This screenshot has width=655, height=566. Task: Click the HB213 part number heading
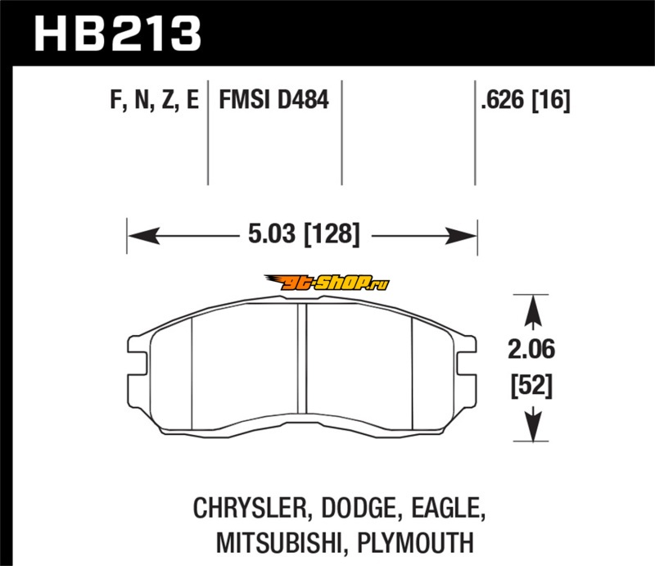(x=118, y=34)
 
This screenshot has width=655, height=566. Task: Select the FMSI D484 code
(x=274, y=100)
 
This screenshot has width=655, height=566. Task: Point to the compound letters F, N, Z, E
(x=154, y=100)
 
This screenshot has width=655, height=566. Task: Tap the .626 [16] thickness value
(x=526, y=100)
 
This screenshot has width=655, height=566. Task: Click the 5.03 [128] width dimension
(x=304, y=233)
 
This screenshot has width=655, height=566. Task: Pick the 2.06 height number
(x=531, y=349)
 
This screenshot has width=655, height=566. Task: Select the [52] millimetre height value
(x=531, y=387)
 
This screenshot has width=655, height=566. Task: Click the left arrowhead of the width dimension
(x=144, y=236)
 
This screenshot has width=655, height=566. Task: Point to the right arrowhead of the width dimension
(x=461, y=236)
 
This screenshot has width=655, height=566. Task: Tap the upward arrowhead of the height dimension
(x=533, y=311)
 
